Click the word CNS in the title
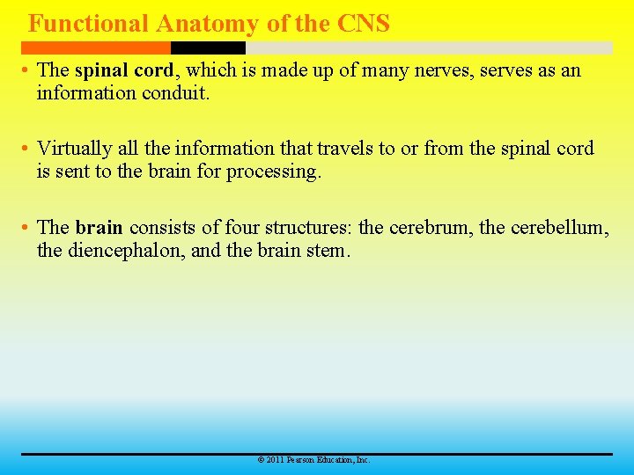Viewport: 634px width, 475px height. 363,24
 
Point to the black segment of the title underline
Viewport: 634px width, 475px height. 208,47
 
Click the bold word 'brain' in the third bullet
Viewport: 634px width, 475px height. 99,228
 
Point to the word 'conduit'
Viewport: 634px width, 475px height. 176,92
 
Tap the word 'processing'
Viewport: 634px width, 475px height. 273,172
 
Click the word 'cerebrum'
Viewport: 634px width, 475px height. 431,228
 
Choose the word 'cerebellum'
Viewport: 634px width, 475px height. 561,228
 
